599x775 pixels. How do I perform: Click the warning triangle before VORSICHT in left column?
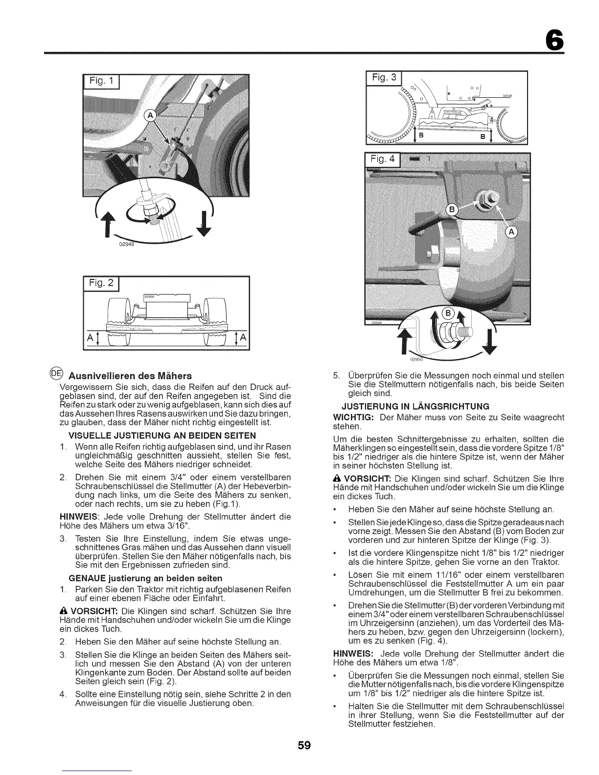click(61, 612)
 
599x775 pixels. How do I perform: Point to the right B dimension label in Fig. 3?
click(483, 137)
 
